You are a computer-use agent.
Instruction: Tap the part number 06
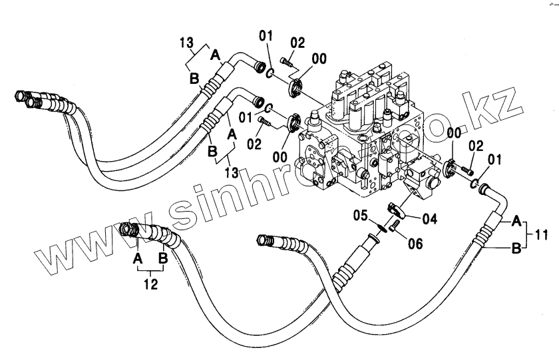click(x=415, y=244)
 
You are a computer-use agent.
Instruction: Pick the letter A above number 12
click(x=138, y=258)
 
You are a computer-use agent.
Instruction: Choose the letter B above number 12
click(x=163, y=258)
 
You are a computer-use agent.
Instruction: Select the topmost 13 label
click(x=186, y=43)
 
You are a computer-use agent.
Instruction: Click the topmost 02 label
click(x=297, y=43)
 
